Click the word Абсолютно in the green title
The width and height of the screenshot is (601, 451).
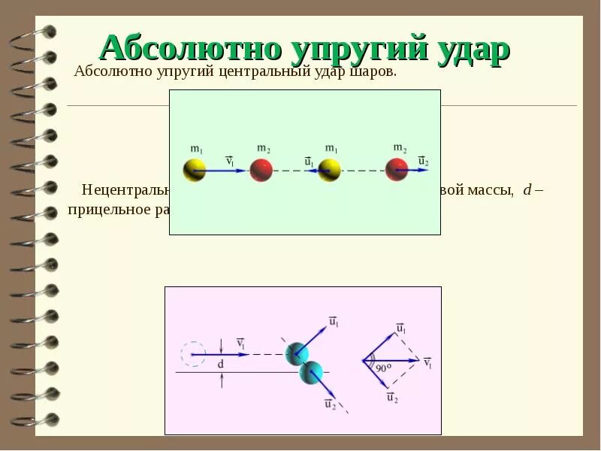pos(186,50)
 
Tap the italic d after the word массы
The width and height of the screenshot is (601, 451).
pos(527,189)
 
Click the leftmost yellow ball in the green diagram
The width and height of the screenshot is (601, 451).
pos(195,170)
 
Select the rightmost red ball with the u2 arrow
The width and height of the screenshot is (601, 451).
pos(397,169)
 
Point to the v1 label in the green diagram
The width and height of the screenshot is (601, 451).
pos(231,160)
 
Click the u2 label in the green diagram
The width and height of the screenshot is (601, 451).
pos(423,161)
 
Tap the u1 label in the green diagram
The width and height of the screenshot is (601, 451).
pos(309,161)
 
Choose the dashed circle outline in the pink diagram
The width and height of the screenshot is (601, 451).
pos(193,353)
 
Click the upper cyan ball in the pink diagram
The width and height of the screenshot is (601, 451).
pos(296,353)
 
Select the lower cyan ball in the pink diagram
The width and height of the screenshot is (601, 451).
pos(310,371)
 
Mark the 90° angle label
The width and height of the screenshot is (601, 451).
pos(385,368)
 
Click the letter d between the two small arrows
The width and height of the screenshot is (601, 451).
pos(221,364)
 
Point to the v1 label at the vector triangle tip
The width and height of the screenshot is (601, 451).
pos(427,362)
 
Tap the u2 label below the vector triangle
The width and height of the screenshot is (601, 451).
pos(391,398)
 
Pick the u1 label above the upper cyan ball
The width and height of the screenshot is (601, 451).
pos(333,322)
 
